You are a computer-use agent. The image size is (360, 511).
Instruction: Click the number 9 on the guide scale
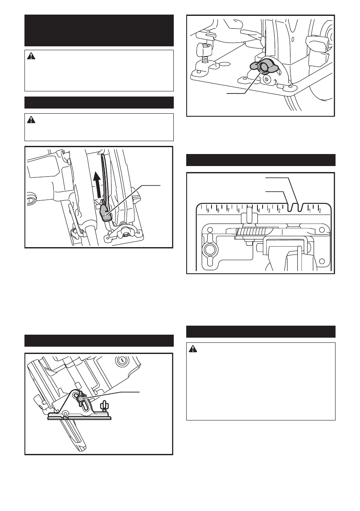208,210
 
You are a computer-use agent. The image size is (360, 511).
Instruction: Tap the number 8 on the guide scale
218,210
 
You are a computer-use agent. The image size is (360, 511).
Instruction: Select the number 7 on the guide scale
228,210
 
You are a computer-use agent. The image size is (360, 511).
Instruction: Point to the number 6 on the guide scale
239,210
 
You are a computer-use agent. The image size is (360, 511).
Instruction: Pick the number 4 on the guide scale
259,210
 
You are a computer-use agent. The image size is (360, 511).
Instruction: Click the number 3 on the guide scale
269,210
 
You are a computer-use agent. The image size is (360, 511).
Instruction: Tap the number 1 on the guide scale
309,210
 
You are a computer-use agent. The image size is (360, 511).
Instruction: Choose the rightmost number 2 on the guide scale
320,210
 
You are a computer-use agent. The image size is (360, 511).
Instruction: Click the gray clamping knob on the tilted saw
81,399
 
